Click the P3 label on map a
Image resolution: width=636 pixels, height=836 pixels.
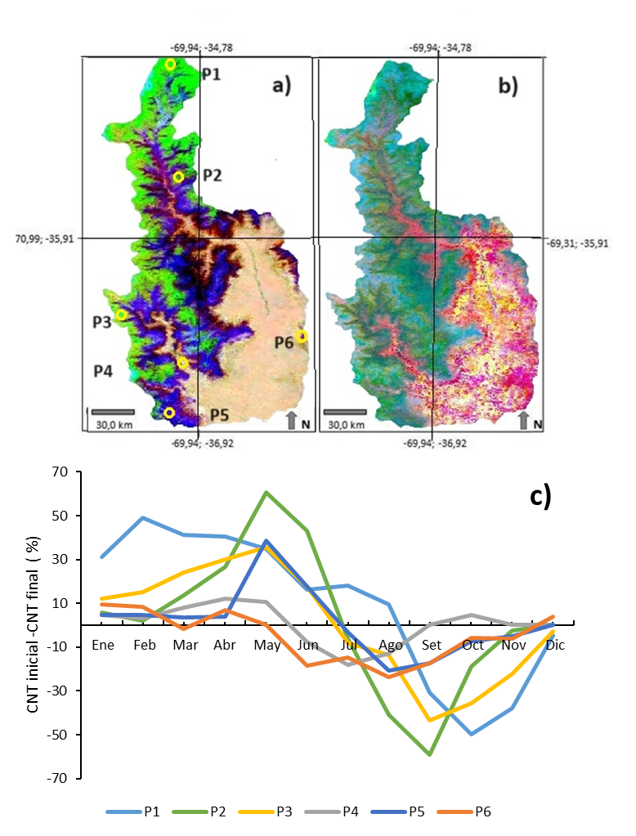coord(102,322)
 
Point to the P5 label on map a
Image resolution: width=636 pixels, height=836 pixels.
coord(219,415)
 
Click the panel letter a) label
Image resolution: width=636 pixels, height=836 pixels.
coord(282,85)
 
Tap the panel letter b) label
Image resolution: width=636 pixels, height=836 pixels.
coord(508,85)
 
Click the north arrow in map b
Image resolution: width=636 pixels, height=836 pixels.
coord(523,420)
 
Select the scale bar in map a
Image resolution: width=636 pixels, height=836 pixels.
coord(113,412)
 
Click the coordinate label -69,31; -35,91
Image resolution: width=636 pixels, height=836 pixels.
coord(578,244)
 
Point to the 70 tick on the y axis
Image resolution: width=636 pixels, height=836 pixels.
coord(60,472)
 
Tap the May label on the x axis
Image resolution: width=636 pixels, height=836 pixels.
coord(267,646)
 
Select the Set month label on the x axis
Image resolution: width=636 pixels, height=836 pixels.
coord(432,645)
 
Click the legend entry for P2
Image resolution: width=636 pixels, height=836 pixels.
coord(199,812)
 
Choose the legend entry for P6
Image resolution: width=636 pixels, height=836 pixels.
coord(464,812)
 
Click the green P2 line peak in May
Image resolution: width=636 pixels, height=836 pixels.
coord(266,492)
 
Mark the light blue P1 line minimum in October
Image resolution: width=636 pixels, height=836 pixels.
coord(472,734)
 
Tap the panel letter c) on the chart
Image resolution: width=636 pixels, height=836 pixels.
coord(540,496)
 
